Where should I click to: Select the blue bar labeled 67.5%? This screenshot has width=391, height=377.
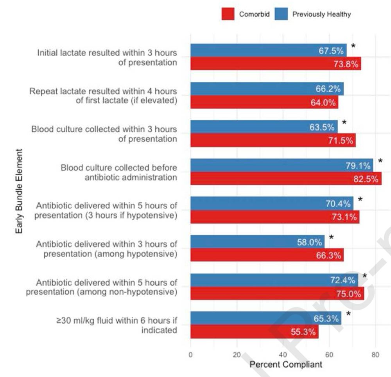click(268, 50)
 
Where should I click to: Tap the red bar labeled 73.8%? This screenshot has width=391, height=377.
click(276, 64)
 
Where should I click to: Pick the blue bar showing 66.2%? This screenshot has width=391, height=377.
click(267, 89)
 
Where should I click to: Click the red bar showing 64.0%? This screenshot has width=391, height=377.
click(264, 102)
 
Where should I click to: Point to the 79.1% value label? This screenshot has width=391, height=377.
click(358, 166)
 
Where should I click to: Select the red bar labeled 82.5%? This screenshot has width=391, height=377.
click(286, 179)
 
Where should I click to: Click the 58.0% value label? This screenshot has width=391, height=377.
click(309, 242)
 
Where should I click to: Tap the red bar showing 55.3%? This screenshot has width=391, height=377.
click(254, 332)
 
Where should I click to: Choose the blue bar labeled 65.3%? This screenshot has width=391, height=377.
click(265, 319)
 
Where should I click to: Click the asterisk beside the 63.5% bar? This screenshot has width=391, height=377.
click(344, 123)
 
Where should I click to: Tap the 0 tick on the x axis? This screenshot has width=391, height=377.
click(190, 355)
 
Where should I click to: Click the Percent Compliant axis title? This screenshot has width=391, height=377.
click(286, 364)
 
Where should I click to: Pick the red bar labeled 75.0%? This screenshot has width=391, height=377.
click(277, 294)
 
